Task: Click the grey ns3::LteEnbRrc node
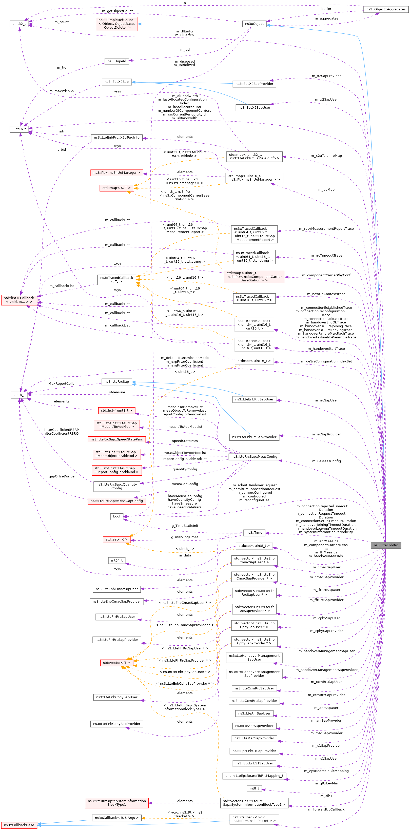coord(385,545)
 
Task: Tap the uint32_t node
coord(19,24)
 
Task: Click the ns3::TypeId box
coord(116,61)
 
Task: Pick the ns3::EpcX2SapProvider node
coord(254,84)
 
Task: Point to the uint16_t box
coord(19,129)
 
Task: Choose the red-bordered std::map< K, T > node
coord(116,188)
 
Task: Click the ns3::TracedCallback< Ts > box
coord(116,280)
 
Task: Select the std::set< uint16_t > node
coord(254,361)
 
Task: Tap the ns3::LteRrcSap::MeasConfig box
coord(254,457)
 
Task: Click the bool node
coord(116,516)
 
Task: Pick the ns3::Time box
coord(254,533)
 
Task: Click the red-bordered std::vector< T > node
coord(116,663)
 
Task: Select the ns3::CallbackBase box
coord(19,825)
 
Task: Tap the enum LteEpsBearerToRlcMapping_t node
coord(254,776)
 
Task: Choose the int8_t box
coord(254,788)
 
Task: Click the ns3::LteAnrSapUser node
coord(254,713)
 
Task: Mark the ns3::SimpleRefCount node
coord(116,24)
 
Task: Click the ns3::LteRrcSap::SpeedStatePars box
coord(116,439)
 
